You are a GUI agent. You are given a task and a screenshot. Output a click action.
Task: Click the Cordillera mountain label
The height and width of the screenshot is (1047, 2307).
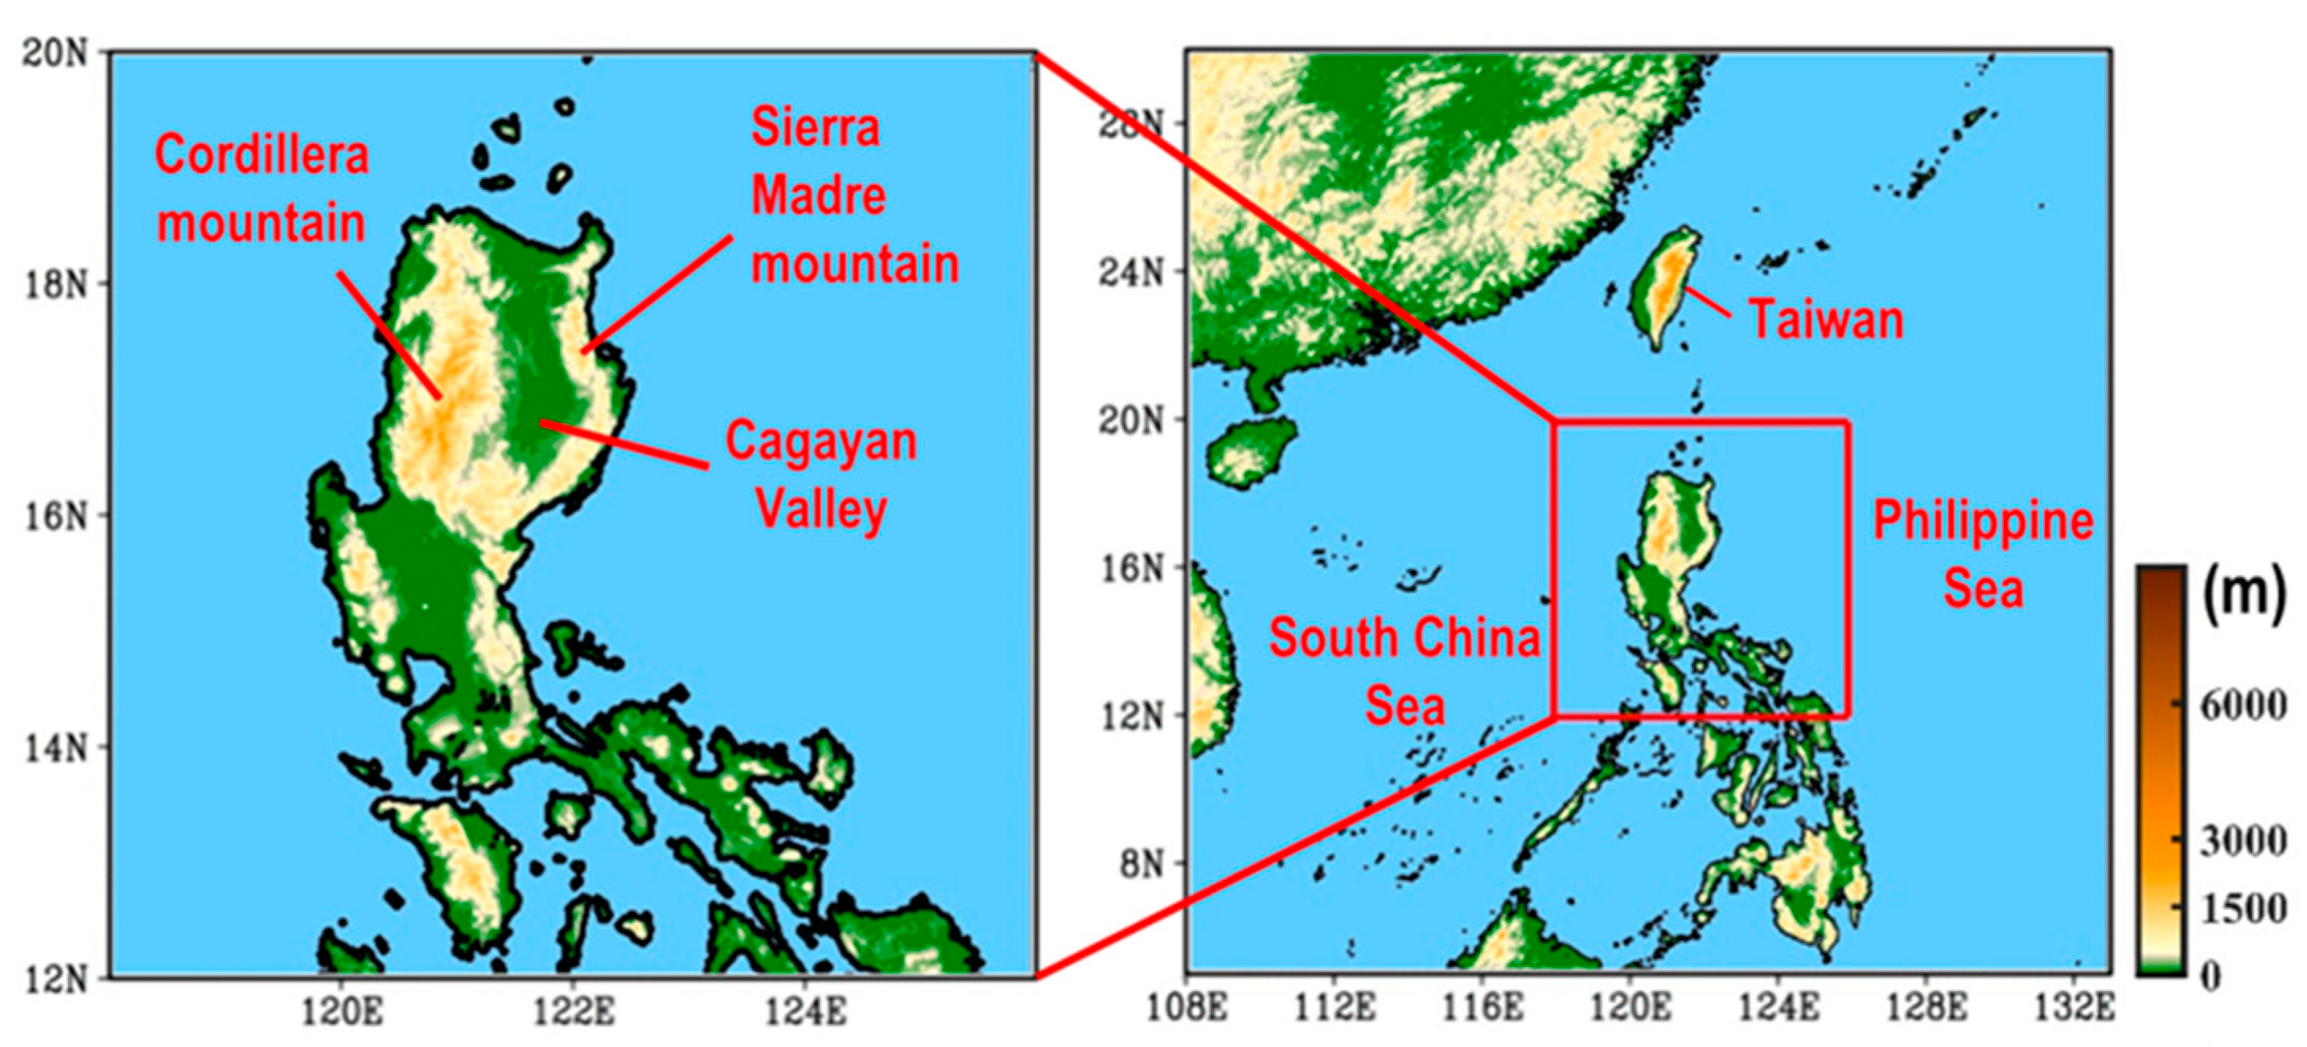[261, 189]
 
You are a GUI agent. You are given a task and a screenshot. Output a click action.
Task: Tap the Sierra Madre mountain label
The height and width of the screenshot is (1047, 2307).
[853, 196]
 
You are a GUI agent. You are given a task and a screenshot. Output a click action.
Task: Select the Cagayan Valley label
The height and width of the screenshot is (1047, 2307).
[821, 476]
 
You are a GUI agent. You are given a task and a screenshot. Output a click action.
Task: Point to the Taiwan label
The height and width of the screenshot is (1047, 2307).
[1825, 320]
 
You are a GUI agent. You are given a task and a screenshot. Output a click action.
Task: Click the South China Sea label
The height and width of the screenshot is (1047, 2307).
[1404, 672]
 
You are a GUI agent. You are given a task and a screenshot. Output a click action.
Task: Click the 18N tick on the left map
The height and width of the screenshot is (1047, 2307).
[55, 285]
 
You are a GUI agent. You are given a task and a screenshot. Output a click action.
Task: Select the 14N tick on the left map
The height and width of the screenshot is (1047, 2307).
[55, 747]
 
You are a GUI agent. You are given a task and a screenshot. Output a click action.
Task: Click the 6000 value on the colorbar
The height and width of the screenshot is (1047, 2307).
[2243, 706]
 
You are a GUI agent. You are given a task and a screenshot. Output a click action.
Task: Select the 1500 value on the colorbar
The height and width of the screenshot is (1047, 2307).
[2243, 910]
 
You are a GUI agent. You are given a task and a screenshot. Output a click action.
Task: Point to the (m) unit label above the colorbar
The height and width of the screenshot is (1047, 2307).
[2241, 593]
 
